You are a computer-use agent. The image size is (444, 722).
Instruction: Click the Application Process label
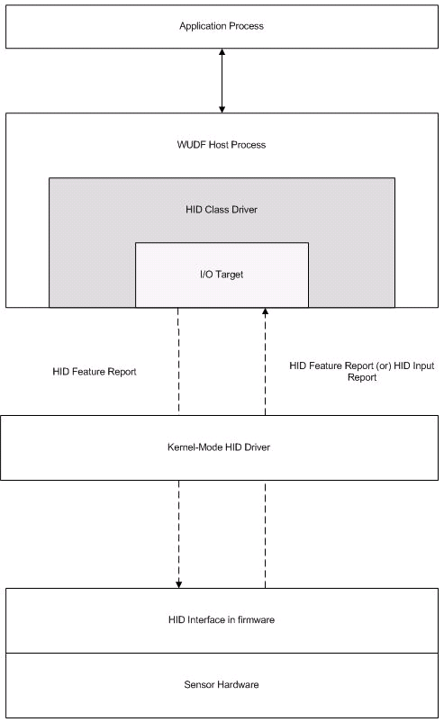tap(222, 26)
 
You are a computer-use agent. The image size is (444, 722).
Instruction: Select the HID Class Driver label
tap(221, 209)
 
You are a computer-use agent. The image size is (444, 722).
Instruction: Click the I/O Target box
tap(222, 274)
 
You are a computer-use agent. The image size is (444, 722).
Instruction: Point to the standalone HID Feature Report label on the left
tap(95, 371)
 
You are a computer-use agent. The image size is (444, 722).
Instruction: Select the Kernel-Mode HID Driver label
tap(222, 447)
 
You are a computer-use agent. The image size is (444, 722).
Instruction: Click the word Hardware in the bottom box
tap(238, 684)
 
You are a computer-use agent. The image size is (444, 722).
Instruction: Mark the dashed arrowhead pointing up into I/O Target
tap(265, 313)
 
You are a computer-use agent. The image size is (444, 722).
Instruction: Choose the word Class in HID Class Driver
tap(213, 209)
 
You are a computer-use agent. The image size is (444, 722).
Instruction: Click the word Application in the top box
tap(201, 26)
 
